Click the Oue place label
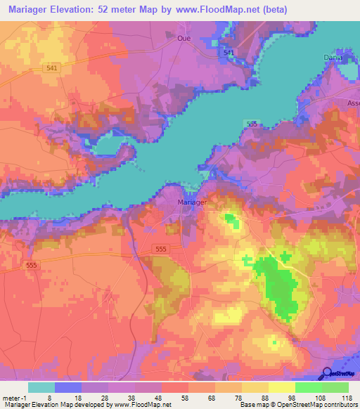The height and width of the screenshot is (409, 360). tap(185, 39)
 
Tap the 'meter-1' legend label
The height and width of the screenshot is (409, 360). tap(14, 398)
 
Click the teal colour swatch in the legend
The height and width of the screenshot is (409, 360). tap(41, 387)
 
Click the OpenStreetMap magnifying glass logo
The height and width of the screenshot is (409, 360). tap(327, 372)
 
